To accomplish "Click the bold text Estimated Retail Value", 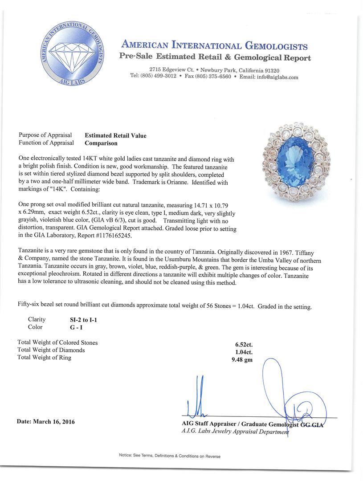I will (x=115, y=136).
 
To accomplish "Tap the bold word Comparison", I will (x=101, y=143).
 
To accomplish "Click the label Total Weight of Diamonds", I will (x=51, y=350).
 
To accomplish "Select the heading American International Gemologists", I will (x=214, y=46).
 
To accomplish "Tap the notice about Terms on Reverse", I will (x=170, y=456).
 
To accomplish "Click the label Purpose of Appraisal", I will (x=46, y=136).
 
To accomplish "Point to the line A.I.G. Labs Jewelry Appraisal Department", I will (x=234, y=432).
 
